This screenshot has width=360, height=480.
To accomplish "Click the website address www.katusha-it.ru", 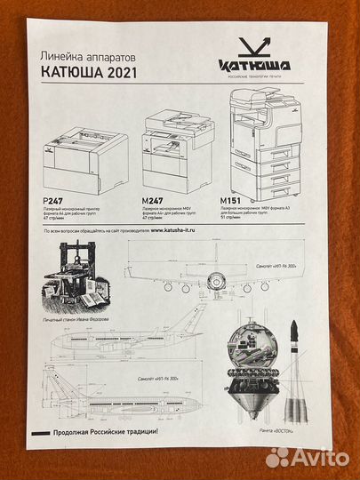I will tap(186, 230).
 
